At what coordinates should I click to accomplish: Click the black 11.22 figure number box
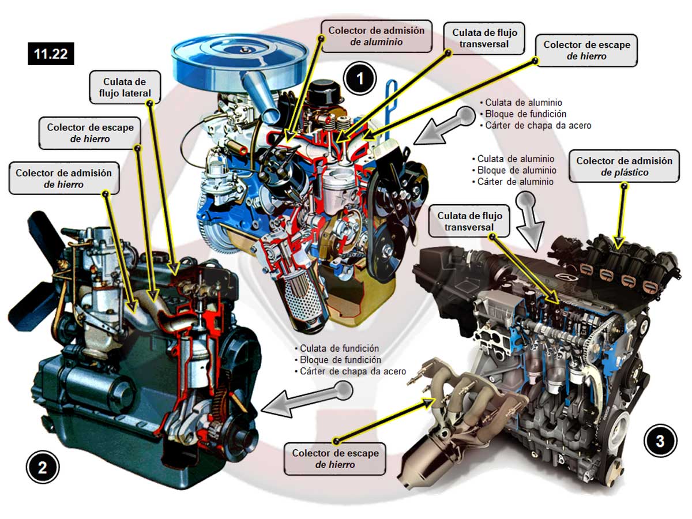51,54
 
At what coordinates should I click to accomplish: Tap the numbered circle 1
360,78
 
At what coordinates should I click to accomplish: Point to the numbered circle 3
660,442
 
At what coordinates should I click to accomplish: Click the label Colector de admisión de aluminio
376,36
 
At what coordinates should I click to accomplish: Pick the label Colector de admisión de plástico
624,166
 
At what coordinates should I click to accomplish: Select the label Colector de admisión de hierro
63,178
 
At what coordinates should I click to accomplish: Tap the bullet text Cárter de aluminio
515,182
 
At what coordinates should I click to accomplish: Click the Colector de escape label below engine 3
334,458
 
